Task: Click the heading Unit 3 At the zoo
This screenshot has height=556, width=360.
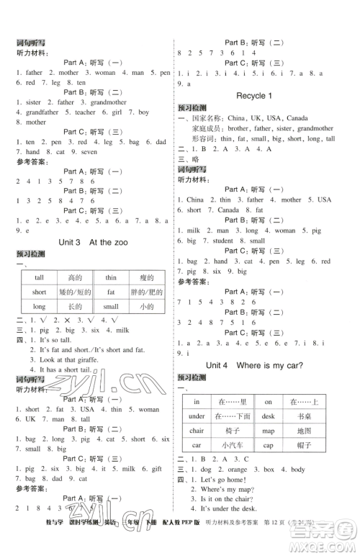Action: [91, 242]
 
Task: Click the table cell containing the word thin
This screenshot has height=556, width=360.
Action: [110, 278]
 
